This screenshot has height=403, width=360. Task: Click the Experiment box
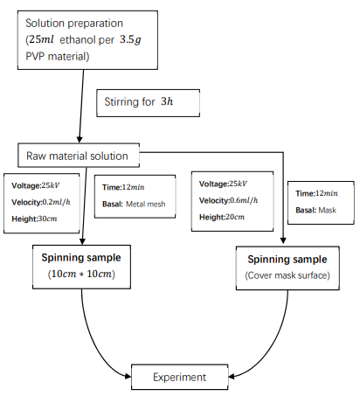179,377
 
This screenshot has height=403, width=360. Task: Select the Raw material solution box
79,156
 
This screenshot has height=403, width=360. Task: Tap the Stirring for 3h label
139,101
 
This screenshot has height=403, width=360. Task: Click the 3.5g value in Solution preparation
130,39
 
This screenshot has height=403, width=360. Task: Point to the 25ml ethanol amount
41,39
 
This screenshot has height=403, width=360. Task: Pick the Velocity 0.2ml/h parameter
41,202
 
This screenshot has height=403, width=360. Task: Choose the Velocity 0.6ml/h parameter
229,200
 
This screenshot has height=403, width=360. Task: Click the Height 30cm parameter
34,219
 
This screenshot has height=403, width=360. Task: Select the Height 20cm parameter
222,217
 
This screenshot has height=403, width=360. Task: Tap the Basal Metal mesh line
134,204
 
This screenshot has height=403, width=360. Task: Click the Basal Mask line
315,210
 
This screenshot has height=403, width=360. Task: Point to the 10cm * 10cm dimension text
81,274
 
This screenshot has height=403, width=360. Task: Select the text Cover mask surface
287,275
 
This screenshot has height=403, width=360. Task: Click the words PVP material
58,56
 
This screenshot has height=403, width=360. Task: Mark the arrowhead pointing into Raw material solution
80,140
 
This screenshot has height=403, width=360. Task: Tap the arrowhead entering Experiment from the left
128,376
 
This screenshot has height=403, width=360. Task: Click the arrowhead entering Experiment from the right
232,377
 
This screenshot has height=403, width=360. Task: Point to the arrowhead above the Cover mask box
283,240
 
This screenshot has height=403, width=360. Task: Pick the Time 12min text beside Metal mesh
123,187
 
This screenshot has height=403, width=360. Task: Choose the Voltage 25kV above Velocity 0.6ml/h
223,184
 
